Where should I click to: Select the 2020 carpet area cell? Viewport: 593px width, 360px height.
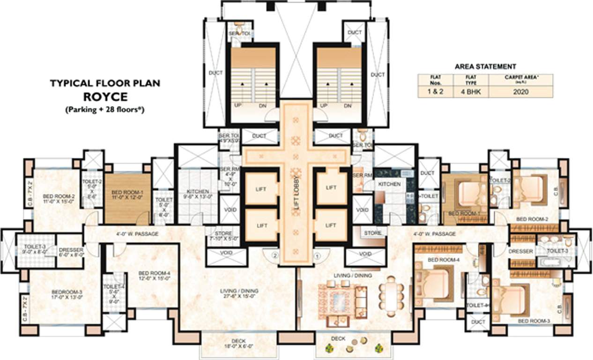point(520,92)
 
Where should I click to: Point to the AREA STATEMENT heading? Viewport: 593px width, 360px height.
point(485,67)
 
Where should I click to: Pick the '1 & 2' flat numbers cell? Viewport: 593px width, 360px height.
point(432,92)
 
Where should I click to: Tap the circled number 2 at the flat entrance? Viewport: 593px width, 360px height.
point(276,256)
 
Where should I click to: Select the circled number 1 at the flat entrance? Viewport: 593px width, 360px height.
point(317,256)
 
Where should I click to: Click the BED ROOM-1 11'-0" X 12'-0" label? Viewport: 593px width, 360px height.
point(127,195)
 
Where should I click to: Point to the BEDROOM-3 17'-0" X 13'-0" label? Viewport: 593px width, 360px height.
point(65,294)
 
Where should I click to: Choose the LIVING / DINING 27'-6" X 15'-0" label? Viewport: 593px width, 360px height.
point(239,293)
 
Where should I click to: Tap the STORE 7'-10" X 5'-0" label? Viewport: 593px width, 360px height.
point(223,236)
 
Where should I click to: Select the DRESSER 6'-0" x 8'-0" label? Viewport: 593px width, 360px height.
point(71,253)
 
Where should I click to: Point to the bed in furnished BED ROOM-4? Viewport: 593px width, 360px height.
point(437,284)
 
